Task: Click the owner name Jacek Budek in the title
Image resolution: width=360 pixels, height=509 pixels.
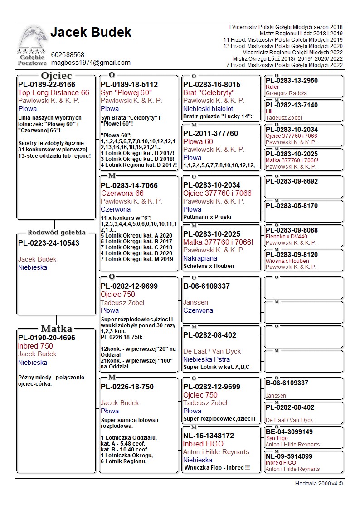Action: point(91,33)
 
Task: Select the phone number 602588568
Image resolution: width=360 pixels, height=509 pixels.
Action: point(68,54)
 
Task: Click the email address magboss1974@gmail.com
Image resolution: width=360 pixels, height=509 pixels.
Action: point(91,63)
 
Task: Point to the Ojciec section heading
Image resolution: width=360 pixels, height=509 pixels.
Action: point(56,75)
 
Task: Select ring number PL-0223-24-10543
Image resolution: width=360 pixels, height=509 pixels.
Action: point(49,243)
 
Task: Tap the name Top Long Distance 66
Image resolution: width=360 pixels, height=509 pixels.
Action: point(54,92)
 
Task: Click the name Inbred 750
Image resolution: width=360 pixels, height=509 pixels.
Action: point(35,346)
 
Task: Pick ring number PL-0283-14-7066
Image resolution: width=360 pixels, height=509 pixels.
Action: point(129,185)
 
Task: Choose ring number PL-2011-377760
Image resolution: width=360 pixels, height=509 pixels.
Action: point(210,133)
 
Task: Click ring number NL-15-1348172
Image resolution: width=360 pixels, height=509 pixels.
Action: point(209,436)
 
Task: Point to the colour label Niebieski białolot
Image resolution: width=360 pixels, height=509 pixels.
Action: point(208,109)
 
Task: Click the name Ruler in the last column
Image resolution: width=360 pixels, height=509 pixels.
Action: point(272,87)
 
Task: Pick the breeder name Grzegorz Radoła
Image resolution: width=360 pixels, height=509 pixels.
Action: point(286,93)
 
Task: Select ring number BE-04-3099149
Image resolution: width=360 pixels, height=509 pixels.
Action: point(289,432)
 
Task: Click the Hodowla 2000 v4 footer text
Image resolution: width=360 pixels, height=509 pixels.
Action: point(319,484)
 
